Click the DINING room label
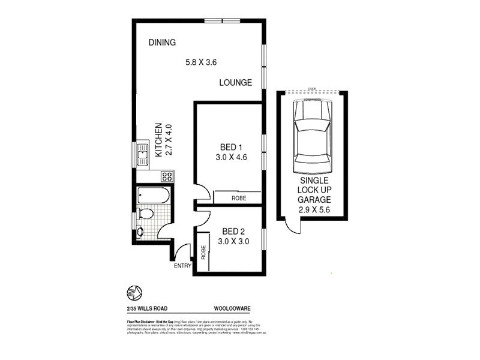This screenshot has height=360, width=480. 162,43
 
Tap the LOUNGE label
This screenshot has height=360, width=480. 235,83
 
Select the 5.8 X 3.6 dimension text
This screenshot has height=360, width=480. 202,61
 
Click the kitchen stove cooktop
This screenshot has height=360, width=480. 167,176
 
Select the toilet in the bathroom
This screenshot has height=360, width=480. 146,214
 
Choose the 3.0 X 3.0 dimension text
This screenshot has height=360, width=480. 233,242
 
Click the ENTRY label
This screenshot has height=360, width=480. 182,265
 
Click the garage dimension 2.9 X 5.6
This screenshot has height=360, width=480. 314,210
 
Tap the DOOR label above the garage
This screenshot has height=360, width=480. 311,89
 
